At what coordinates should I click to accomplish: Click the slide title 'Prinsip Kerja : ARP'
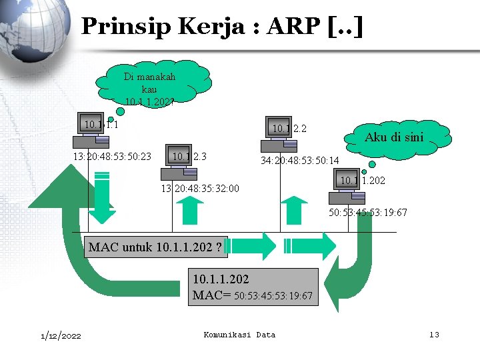[222, 27]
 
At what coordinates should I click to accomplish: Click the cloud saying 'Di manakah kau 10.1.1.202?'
[152, 83]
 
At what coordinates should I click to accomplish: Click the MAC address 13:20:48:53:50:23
[112, 157]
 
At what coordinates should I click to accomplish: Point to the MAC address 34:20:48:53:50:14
[300, 161]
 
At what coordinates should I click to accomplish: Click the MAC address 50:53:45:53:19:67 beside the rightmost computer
[368, 213]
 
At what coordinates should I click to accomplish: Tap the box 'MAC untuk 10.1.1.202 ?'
[155, 248]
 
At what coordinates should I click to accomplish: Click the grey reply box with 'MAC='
[252, 287]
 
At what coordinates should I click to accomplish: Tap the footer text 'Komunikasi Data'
[239, 334]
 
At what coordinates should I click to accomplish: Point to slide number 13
[433, 334]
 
